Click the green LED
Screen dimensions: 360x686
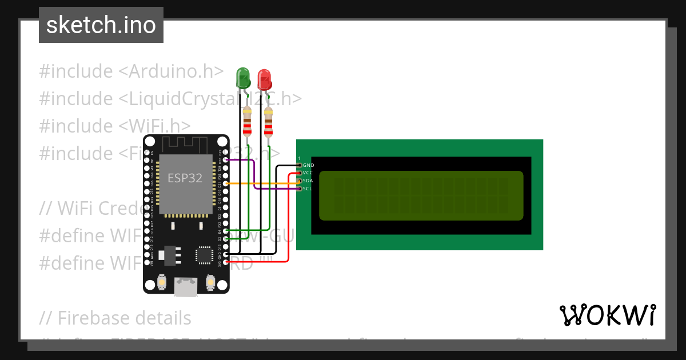click(x=242, y=78)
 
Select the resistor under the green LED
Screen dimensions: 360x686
click(x=247, y=122)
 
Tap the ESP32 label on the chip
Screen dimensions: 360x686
click(x=185, y=178)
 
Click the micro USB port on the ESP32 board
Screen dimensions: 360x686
click(x=185, y=287)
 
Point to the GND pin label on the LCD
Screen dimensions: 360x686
click(x=308, y=165)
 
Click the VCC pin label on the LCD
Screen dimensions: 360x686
click(x=308, y=173)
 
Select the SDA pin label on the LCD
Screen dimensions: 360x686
click(x=308, y=181)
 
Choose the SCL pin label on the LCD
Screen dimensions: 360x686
click(x=308, y=188)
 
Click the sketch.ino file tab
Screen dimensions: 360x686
click(x=101, y=25)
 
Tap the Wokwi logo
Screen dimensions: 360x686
click(x=607, y=315)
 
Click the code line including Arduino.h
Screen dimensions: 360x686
click(x=131, y=71)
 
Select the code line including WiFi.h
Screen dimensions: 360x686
click(x=114, y=126)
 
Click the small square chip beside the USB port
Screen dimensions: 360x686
click(x=205, y=255)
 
